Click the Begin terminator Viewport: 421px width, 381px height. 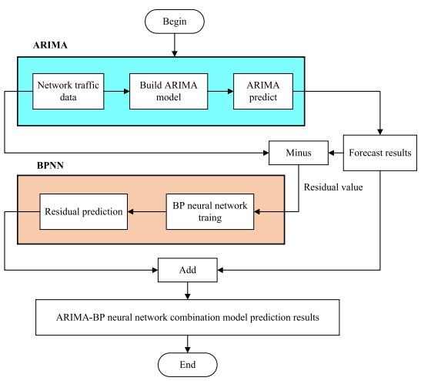175,22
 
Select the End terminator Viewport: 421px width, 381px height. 187,365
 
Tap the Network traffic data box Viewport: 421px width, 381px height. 68,91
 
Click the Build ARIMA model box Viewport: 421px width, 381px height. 169,91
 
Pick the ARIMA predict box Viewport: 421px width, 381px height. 263,91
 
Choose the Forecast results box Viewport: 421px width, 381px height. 380,153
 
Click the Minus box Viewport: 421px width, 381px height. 299,153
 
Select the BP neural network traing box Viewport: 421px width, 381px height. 210,211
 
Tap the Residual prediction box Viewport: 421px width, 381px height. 83,211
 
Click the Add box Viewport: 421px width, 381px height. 187,270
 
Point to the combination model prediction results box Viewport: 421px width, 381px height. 187,317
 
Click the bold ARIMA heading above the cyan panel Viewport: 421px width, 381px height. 50,46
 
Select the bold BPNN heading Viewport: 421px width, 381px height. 50,165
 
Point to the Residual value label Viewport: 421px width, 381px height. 333,187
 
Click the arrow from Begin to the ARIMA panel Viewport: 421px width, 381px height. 175,46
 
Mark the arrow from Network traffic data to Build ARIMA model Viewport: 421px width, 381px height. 117,91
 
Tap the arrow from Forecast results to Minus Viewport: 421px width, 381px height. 336,153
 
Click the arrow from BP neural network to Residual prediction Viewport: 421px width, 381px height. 147,212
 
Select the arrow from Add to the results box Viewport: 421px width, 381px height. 187,291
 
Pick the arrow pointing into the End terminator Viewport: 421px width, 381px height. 187,344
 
